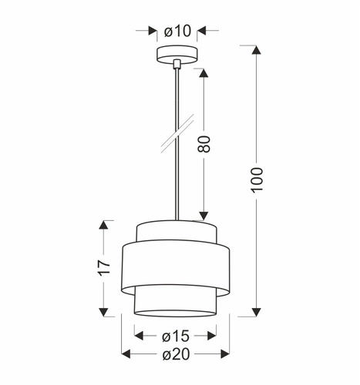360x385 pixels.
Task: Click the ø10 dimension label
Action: pyautogui.click(x=177, y=32)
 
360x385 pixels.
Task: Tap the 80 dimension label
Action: pyautogui.click(x=204, y=144)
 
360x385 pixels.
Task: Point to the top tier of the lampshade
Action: pyautogui.click(x=177, y=230)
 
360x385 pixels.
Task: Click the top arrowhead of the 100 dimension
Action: pyautogui.click(x=257, y=52)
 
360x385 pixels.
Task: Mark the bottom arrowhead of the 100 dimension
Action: pyautogui.click(x=257, y=310)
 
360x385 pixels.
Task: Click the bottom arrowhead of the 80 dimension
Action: pyautogui.click(x=204, y=215)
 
